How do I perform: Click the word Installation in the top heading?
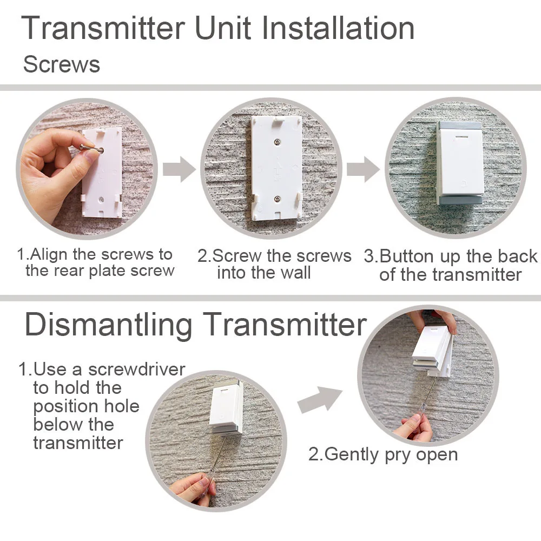(338, 28)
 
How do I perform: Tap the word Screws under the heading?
(62, 64)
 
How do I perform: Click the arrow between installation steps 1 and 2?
(179, 169)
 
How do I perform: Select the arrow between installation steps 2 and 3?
(364, 169)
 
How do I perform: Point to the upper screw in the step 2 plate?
(277, 142)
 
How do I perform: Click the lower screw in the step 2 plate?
(277, 199)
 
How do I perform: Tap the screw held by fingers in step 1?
(91, 149)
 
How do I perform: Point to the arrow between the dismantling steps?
(320, 400)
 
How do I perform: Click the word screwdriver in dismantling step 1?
(137, 369)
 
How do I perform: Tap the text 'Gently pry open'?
(391, 454)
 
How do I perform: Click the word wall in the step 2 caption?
(295, 273)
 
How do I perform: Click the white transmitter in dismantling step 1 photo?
(226, 409)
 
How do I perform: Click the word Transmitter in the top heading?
(103, 28)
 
